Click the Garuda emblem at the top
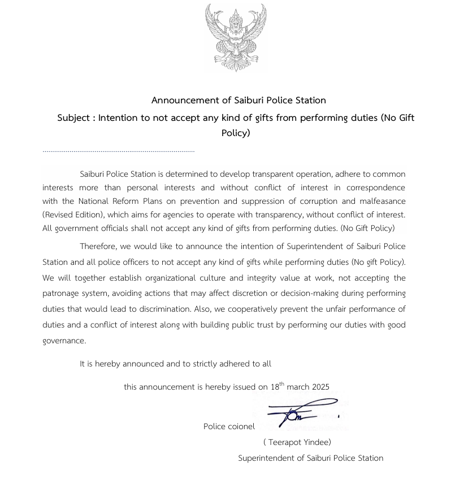point(235,37)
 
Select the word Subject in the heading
point(74,118)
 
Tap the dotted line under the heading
point(118,151)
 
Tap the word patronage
point(63,294)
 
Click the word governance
point(64,341)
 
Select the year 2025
point(319,387)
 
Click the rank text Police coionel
point(229,426)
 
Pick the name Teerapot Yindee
point(297,442)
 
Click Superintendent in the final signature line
point(269,458)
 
